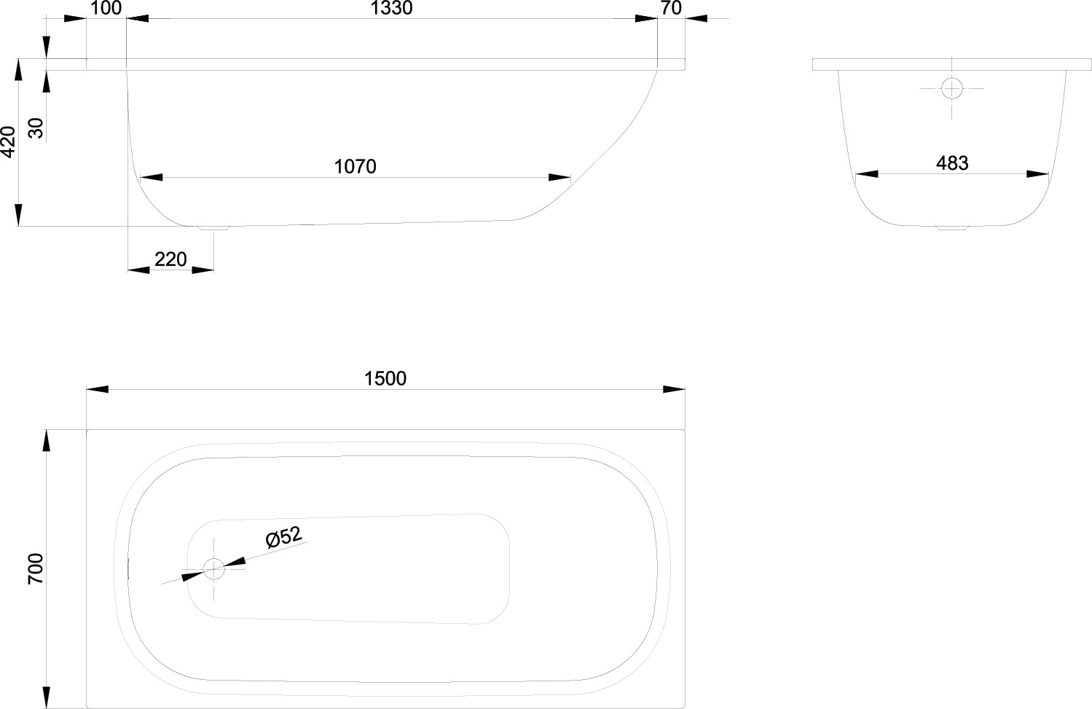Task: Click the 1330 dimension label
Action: pyautogui.click(x=391, y=8)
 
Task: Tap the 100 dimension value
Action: pyautogui.click(x=106, y=8)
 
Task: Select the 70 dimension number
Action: pyautogui.click(x=671, y=8)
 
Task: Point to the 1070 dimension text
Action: pyautogui.click(x=355, y=167)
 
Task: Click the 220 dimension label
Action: pyautogui.click(x=170, y=259)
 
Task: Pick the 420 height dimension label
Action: pyautogui.click(x=8, y=142)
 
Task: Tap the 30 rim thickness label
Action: pyautogui.click(x=36, y=128)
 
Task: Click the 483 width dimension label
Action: pyautogui.click(x=952, y=163)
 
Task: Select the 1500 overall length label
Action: pyautogui.click(x=385, y=379)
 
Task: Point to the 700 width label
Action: pyautogui.click(x=36, y=568)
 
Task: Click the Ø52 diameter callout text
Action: pyautogui.click(x=283, y=537)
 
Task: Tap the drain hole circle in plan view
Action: pyautogui.click(x=213, y=569)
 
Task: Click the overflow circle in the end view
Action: pyautogui.click(x=952, y=89)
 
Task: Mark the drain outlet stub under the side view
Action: pyautogui.click(x=213, y=228)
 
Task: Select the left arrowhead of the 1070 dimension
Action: pyautogui.click(x=151, y=178)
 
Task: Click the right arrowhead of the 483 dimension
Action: pyautogui.click(x=1037, y=174)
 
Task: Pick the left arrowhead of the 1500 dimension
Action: pyautogui.click(x=98, y=389)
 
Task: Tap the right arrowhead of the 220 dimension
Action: pyautogui.click(x=203, y=270)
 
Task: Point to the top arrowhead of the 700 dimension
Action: pyautogui.click(x=47, y=441)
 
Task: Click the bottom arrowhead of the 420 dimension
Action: pyautogui.click(x=18, y=215)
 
